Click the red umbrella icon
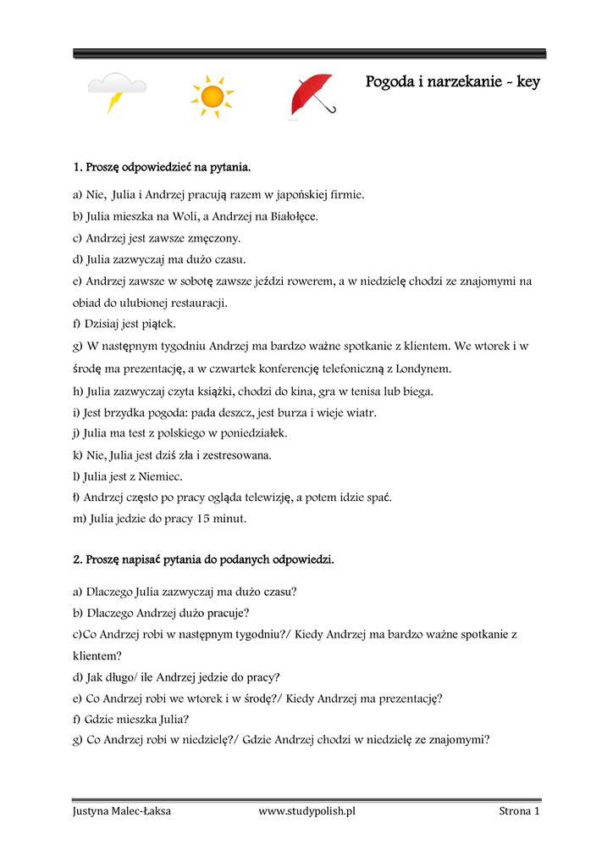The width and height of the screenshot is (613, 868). [x=312, y=95]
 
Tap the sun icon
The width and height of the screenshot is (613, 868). [x=212, y=95]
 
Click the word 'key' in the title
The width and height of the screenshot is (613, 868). [x=527, y=82]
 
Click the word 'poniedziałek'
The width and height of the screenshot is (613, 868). [x=254, y=433]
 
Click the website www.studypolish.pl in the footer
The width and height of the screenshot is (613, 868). [x=306, y=811]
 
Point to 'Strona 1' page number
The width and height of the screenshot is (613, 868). [x=518, y=811]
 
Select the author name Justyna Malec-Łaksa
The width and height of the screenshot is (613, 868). [x=121, y=811]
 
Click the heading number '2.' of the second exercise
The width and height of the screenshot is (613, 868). [x=77, y=559]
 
